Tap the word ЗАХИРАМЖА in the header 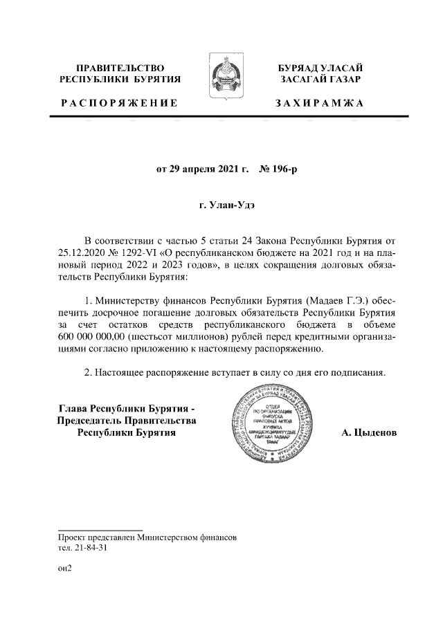pyautogui.click(x=320, y=103)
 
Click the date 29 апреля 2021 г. pyautogui.click(x=201, y=169)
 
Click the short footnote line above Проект pyautogui.click(x=100, y=528)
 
